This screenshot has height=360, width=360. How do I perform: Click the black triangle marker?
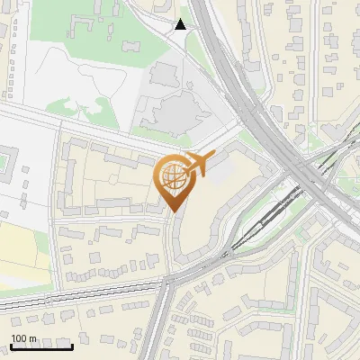pyautogui.click(x=181, y=24)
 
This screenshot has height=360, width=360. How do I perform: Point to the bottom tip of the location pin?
pyautogui.click(x=171, y=213)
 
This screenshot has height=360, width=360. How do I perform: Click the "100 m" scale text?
pyautogui.click(x=23, y=338)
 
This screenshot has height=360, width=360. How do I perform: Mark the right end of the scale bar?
pyautogui.click(x=72, y=346)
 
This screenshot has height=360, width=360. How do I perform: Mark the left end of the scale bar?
pyautogui.click(x=11, y=346)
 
